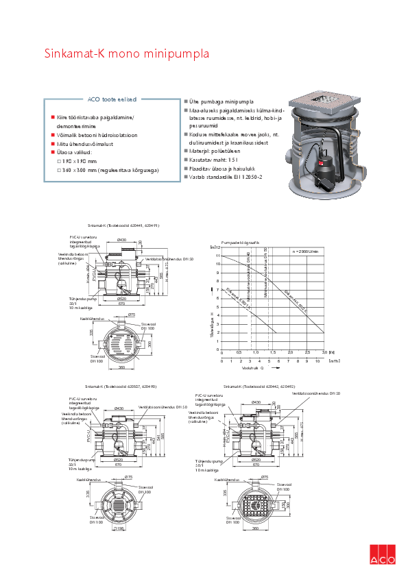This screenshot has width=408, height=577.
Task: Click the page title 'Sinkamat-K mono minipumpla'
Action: click(127, 53)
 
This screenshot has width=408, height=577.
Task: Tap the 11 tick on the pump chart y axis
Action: click(218, 256)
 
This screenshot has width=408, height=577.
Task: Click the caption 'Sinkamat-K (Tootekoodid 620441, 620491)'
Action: click(123, 225)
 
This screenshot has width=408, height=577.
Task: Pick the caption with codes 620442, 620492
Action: click(261, 387)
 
